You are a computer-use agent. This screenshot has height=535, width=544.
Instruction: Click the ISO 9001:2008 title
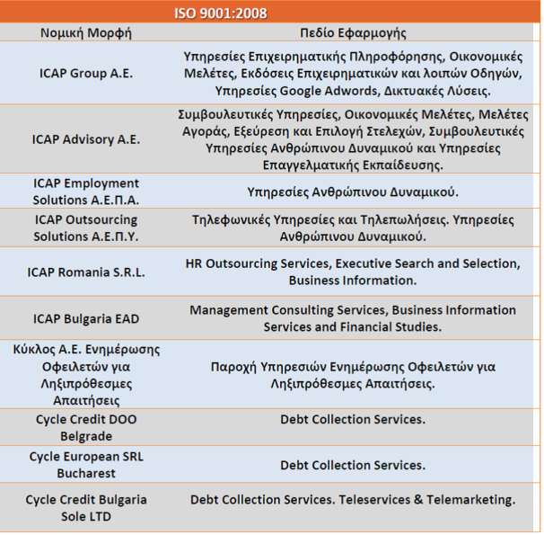click(221, 13)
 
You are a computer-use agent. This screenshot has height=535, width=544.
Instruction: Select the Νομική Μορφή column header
click(86, 33)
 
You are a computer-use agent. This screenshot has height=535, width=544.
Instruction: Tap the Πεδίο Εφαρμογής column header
click(353, 33)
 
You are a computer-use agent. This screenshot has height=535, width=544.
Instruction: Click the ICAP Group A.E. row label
click(86, 74)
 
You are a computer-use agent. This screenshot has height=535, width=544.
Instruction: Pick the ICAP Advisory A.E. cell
click(86, 139)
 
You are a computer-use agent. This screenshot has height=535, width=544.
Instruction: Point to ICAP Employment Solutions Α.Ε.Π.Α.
click(86, 192)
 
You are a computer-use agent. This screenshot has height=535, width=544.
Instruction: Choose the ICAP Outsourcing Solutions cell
click(86, 228)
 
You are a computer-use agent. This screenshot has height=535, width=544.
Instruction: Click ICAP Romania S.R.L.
click(86, 272)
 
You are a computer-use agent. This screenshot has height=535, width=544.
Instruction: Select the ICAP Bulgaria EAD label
click(86, 319)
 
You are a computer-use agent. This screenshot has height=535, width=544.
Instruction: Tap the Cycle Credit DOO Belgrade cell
click(86, 428)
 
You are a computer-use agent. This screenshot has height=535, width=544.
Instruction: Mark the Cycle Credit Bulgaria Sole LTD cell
click(86, 508)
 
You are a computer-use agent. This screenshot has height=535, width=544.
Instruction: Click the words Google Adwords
click(329, 91)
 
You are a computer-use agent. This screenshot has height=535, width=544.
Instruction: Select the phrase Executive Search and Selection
click(428, 263)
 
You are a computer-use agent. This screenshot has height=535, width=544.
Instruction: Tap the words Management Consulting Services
click(289, 310)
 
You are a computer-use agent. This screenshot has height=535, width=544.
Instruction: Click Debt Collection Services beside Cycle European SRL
click(353, 465)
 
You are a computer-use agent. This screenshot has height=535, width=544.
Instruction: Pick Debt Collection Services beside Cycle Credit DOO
click(353, 419)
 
